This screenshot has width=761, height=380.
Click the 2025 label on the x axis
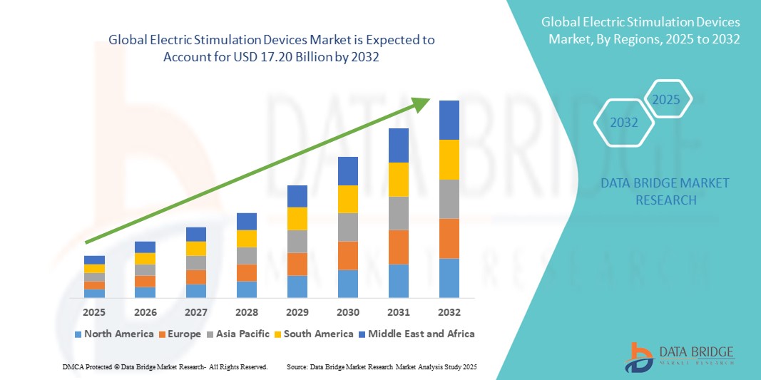point(94,312)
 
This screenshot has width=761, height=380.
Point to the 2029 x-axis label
point(297,312)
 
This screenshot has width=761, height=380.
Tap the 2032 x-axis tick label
point(449,312)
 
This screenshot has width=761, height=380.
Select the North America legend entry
point(113,334)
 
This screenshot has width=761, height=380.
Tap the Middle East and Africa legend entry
point(417,334)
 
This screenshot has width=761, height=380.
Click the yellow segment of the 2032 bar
point(449,160)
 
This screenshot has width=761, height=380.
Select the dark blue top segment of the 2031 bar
point(399,145)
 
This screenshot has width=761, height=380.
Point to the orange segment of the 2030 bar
point(347,255)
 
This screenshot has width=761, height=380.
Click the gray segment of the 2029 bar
point(297,241)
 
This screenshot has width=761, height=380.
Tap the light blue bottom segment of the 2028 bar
point(246,289)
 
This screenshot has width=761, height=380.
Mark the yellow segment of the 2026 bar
point(145,258)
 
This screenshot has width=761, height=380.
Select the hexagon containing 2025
point(667,99)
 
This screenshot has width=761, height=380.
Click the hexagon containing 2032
point(624,123)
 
